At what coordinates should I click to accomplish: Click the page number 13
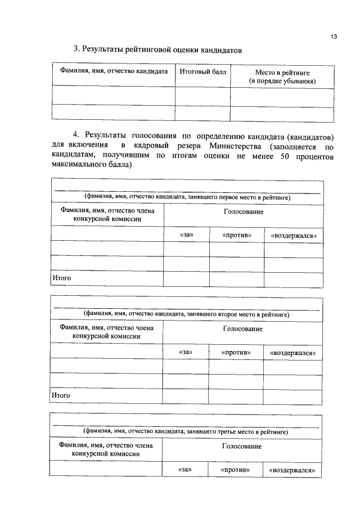pyautogui.click(x=334, y=37)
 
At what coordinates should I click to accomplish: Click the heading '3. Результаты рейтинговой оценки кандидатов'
pyautogui.click(x=158, y=50)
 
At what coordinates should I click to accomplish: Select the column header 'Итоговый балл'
pyautogui.click(x=202, y=73)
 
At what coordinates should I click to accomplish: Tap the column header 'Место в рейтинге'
pyautogui.click(x=282, y=77)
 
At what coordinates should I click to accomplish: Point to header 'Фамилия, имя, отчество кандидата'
pyautogui.click(x=114, y=73)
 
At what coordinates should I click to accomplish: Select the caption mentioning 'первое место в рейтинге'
pyautogui.click(x=187, y=197)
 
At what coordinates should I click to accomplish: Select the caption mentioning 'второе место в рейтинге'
pyautogui.click(x=187, y=314)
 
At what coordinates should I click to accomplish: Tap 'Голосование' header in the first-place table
pyautogui.click(x=243, y=211)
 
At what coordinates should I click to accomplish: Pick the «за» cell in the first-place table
pyautogui.click(x=186, y=235)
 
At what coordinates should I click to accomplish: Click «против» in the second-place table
pyautogui.click(x=236, y=352)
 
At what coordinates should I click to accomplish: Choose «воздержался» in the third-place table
pyautogui.click(x=292, y=470)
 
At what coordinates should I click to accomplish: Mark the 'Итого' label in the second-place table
pyautogui.click(x=61, y=395)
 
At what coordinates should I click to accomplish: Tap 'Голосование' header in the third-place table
pyautogui.click(x=242, y=446)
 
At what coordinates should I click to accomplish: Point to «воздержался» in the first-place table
pyautogui.click(x=294, y=235)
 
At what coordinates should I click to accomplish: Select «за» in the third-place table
pyautogui.click(x=185, y=470)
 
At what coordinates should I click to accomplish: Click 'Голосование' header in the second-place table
pyautogui.click(x=242, y=328)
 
